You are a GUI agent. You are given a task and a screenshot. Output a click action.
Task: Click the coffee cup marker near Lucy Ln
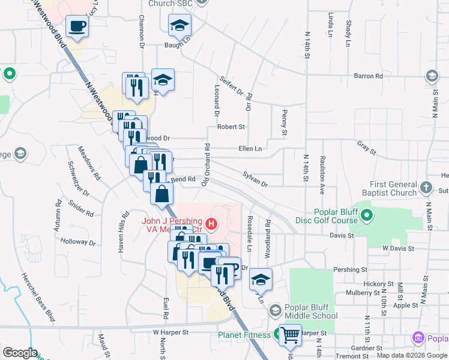coord(77,26)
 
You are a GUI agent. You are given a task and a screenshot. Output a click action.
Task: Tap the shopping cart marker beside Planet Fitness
coord(290,335)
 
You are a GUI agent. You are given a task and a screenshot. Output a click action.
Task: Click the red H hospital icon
coord(211,224)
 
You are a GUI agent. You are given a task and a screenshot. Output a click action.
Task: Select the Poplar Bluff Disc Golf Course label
coord(336,216)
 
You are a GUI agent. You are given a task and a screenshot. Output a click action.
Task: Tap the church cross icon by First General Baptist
coord(426,188)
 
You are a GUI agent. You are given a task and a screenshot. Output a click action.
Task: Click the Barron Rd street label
coord(368,76)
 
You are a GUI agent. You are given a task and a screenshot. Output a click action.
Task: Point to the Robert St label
coord(231,127)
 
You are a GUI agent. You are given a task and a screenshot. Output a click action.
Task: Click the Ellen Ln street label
coord(250,148)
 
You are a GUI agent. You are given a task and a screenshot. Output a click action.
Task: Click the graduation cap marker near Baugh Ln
coord(178,26)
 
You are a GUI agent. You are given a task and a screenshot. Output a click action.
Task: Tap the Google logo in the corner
coord(20,353)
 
